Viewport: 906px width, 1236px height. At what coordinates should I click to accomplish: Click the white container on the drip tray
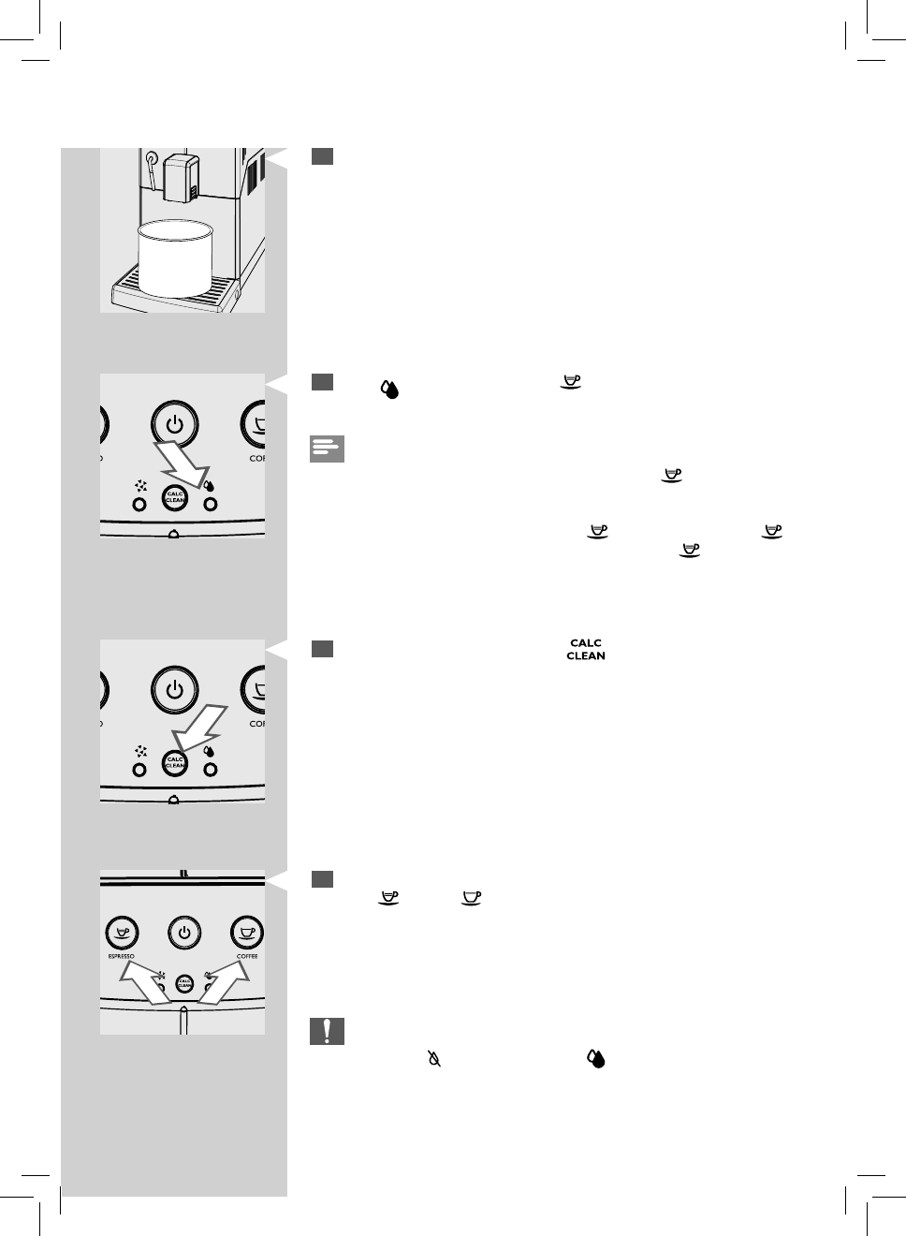[177, 259]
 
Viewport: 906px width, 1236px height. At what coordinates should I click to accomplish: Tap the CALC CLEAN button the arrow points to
[174, 764]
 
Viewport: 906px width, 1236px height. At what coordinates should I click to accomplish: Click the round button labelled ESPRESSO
[122, 933]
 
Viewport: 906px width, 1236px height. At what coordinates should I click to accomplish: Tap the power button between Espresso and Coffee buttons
[184, 933]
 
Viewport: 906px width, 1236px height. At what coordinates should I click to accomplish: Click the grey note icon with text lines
[327, 449]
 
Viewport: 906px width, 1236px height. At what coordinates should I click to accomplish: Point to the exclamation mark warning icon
[327, 1031]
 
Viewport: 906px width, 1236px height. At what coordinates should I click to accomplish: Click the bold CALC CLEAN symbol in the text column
[586, 650]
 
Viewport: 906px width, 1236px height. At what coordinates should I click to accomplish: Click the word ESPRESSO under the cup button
[122, 956]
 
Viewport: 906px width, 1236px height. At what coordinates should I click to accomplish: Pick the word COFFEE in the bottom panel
[247, 956]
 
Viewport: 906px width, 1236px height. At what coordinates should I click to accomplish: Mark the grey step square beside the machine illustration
[323, 156]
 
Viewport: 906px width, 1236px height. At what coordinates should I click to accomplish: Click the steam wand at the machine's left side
[149, 169]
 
